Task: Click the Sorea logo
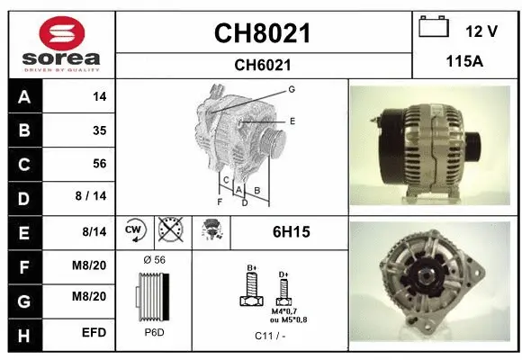61,41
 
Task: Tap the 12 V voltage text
481,31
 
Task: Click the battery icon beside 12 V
434,27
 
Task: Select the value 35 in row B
100,130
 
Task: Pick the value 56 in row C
100,164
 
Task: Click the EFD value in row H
94,333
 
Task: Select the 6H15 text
291,232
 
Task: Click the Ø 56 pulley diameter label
155,260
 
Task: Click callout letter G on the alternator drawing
292,89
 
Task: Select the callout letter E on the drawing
292,120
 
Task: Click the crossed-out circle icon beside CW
169,231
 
